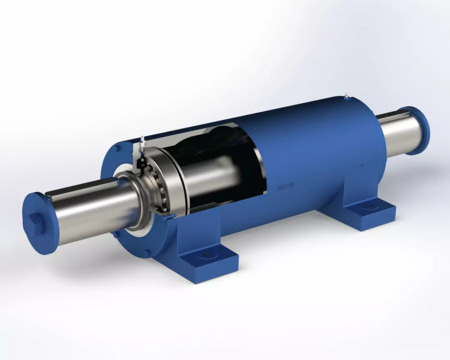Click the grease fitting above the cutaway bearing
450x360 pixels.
142,140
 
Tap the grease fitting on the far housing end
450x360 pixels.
346,97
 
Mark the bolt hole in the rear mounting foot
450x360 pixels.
369,205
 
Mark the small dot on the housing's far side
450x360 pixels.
362,165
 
